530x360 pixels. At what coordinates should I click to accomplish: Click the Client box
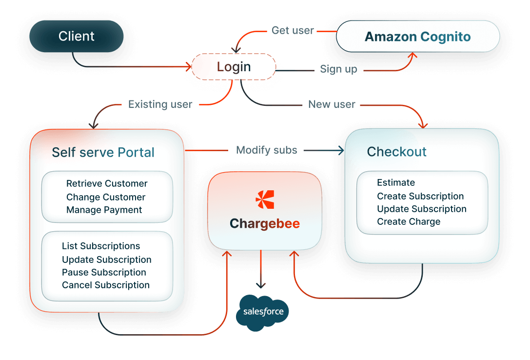pos(77,36)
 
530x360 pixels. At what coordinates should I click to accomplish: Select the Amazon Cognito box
pos(418,37)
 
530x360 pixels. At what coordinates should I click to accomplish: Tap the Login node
pos(234,67)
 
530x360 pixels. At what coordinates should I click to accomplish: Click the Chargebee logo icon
pos(265,200)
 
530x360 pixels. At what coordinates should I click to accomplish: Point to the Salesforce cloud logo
pos(262,312)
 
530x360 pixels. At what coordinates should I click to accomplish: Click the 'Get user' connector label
pos(293,30)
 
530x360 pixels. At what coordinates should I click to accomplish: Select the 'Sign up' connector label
pos(338,69)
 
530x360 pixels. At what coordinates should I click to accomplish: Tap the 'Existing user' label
pos(160,104)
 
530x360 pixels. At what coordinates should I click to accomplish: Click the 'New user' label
pos(332,104)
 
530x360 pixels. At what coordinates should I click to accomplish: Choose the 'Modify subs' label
pos(266,150)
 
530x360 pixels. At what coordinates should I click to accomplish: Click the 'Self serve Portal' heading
pos(103,153)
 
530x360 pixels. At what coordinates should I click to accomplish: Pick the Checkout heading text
pos(396,152)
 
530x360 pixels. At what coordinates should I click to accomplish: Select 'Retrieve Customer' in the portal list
pos(107,184)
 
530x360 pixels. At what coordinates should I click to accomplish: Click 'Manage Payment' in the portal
pos(104,210)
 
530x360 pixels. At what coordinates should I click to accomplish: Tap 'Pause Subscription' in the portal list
pos(104,272)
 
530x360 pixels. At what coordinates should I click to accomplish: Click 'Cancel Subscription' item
pos(106,285)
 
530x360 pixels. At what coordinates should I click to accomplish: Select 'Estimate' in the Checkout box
pos(396,183)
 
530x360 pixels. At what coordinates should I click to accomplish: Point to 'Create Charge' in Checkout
pos(409,222)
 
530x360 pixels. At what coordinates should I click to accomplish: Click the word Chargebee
pos(265,224)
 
